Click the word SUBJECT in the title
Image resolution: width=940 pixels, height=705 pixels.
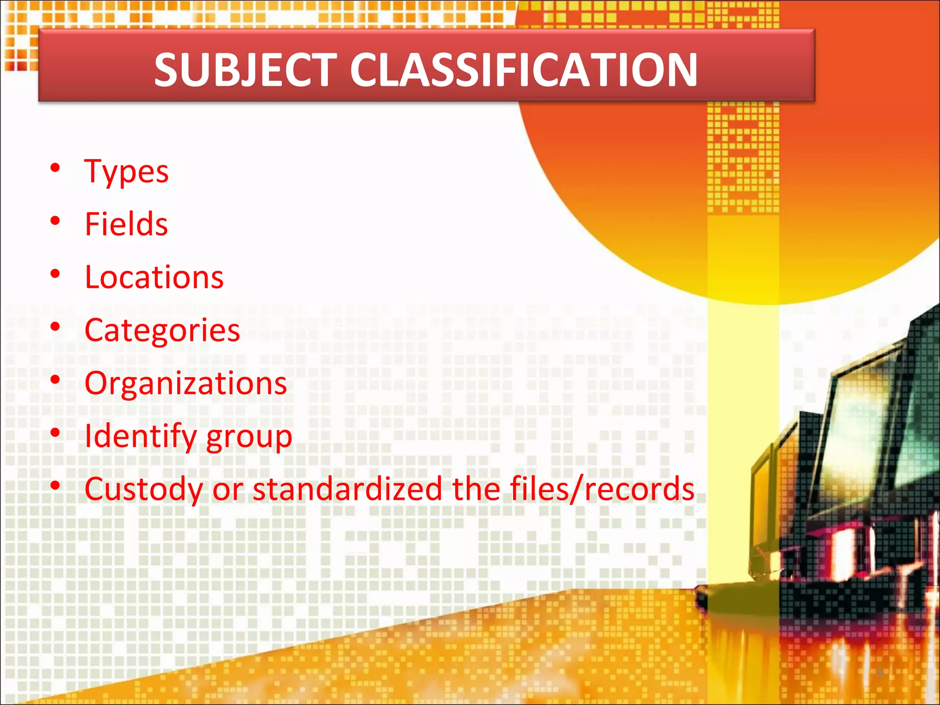[246, 70]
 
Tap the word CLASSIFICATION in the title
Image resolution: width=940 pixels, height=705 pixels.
[524, 70]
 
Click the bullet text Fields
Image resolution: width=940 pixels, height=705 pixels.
[127, 224]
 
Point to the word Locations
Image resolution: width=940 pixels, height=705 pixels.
[154, 278]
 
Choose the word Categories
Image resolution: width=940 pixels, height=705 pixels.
[162, 330]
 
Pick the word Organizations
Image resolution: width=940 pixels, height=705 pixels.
[186, 383]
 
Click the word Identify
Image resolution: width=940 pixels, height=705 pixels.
[141, 436]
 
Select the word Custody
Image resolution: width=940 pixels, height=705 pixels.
[144, 489]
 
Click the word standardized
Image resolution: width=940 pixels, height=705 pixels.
[347, 489]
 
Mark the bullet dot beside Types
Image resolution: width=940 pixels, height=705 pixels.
[56, 168]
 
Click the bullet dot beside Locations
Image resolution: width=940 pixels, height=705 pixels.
[56, 274]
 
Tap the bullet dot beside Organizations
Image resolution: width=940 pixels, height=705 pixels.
[56, 380]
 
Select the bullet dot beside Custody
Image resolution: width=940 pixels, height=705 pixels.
[56, 486]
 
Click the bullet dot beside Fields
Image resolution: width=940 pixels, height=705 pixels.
[56, 221]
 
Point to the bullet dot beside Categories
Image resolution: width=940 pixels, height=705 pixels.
[56, 327]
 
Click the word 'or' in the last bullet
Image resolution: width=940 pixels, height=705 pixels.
[228, 490]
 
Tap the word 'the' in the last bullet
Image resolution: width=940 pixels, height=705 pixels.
[476, 489]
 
